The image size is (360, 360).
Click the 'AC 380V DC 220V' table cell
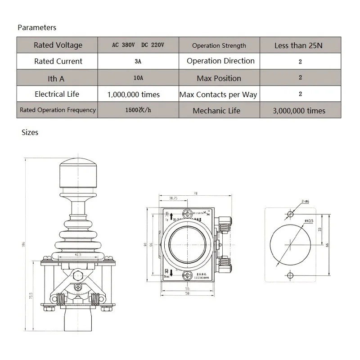coord(138,45)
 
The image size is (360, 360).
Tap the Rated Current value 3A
coord(138,62)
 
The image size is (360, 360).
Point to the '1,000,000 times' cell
coord(134,94)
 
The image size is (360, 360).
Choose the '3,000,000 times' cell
coord(299,111)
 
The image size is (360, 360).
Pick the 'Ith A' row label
coord(56,79)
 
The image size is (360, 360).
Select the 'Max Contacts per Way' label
coord(218,94)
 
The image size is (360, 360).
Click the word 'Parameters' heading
coord(37,27)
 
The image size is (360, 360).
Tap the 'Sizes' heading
coord(30,132)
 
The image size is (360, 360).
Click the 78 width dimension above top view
coord(195,193)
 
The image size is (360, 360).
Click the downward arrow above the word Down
coord(171,273)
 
